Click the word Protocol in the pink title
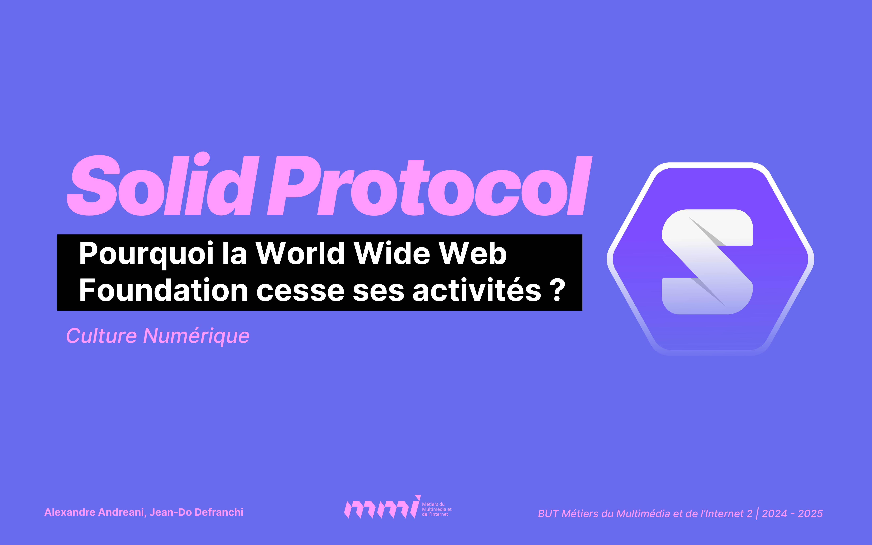429,186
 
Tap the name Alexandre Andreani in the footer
95,512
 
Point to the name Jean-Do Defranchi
196,512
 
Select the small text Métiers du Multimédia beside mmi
436,509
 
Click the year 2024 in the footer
774,514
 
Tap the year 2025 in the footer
810,514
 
